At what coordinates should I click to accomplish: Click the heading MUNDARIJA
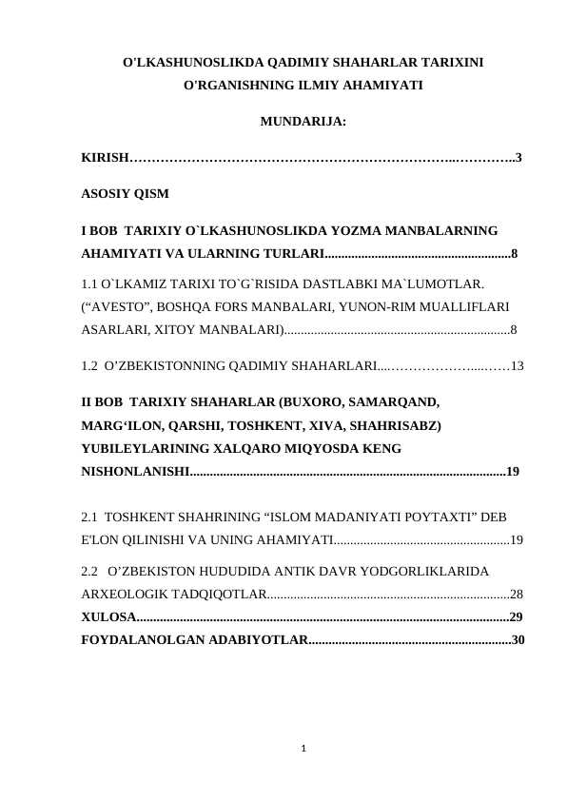pos(302,122)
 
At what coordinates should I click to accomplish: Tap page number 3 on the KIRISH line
pos(518,157)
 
